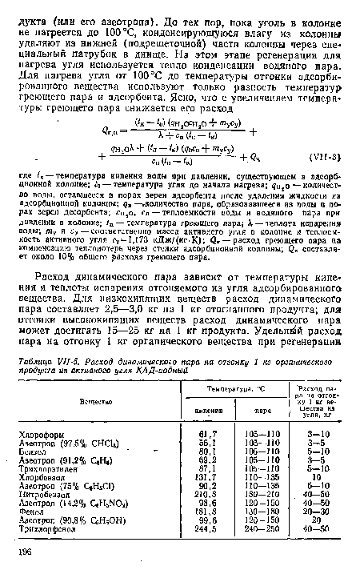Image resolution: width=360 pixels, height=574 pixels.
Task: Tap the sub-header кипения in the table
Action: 203,413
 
